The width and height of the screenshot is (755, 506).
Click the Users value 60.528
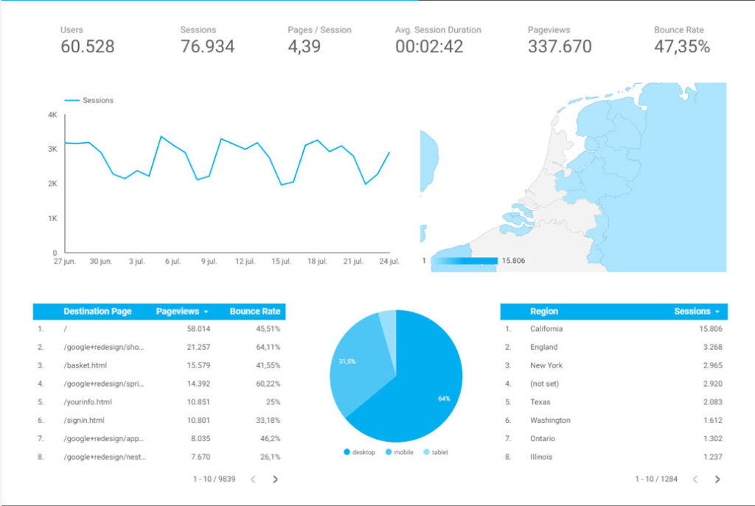pos(87,46)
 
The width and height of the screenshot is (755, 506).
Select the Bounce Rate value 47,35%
pos(682,46)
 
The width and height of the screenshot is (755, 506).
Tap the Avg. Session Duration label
pos(438,30)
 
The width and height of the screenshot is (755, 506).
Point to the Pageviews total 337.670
pos(560,46)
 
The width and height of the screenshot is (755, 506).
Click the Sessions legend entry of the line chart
pos(97,100)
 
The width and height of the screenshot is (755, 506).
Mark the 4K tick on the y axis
pos(52,115)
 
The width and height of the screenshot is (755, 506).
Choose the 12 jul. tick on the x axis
pos(245,261)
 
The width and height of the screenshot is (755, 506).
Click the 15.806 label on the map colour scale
pos(513,261)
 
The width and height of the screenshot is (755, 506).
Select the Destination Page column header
pos(97,312)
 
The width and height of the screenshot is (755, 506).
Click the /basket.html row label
pos(87,365)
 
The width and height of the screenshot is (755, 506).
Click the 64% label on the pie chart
pos(444,398)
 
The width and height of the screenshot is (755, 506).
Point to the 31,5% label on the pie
pos(347,362)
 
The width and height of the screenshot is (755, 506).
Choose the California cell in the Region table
pos(546,329)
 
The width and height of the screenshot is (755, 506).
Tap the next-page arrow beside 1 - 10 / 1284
pos(717,479)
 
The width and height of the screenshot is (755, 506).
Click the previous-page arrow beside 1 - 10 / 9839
pos(252,479)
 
